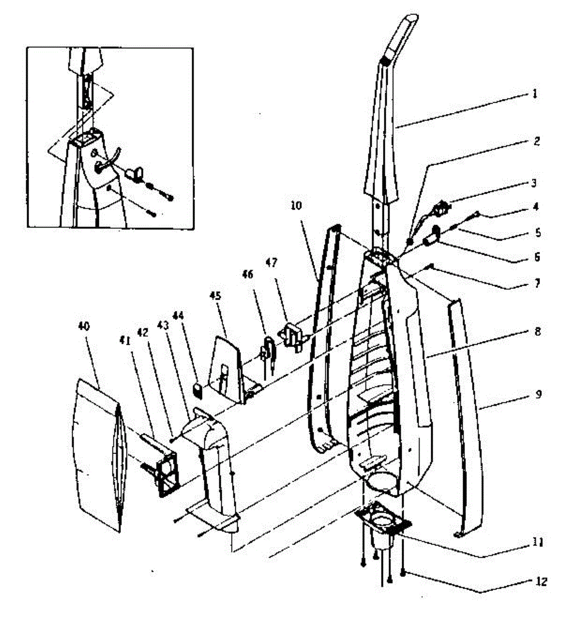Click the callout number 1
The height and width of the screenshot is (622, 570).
coord(534,94)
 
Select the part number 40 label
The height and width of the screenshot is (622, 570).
coord(83,326)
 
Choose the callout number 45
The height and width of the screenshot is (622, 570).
coord(215,296)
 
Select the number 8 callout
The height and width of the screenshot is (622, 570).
coord(537,332)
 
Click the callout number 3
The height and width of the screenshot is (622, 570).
coord(534,183)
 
